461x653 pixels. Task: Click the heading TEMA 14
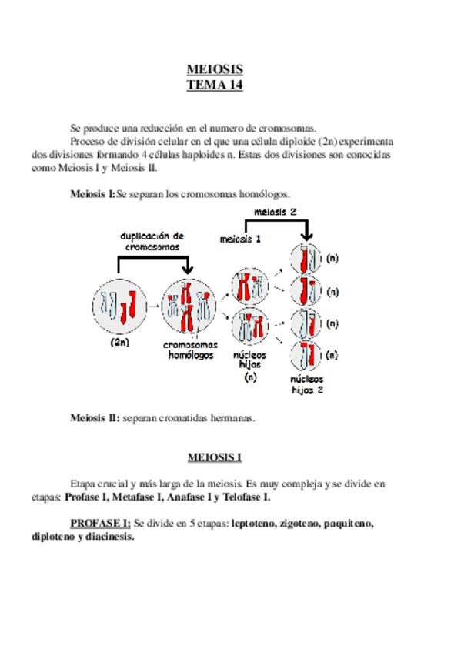click(x=215, y=85)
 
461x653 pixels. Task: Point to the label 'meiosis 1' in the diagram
click(x=239, y=239)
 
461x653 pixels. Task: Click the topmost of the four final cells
click(x=306, y=259)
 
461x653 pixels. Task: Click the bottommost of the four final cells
click(x=306, y=356)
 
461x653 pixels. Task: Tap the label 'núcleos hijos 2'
click(x=307, y=384)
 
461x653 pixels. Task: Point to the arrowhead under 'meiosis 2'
click(x=307, y=237)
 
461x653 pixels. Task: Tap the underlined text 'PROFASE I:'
click(x=100, y=524)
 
